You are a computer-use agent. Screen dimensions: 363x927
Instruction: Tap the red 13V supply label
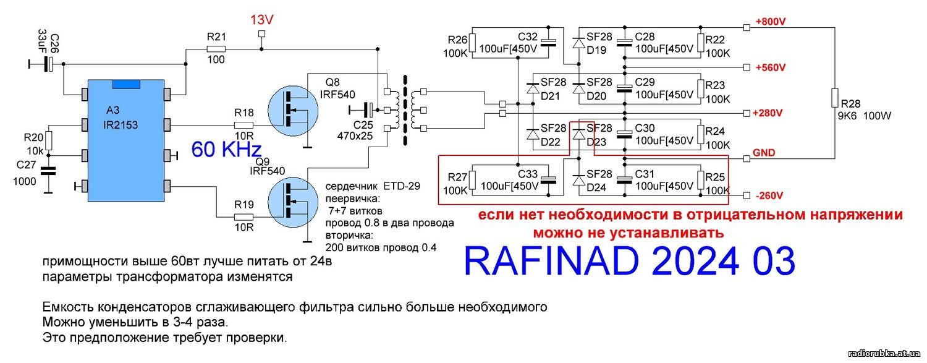tap(261, 20)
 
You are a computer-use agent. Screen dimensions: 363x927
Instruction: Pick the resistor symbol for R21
tap(216, 48)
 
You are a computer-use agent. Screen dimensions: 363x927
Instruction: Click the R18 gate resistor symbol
tap(243, 124)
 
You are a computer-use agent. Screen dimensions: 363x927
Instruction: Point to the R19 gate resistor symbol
tap(243, 217)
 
